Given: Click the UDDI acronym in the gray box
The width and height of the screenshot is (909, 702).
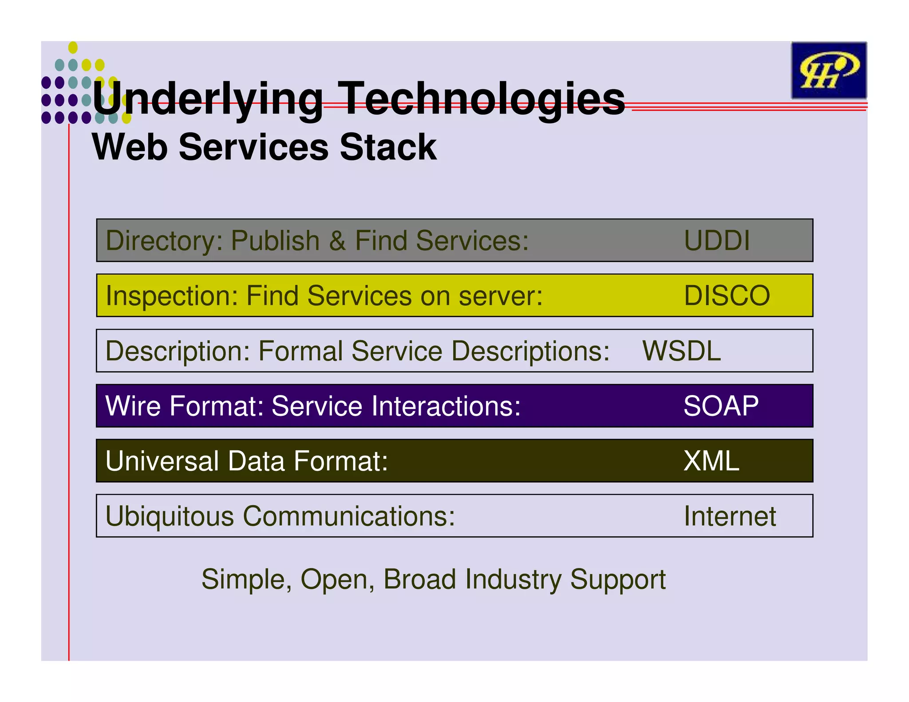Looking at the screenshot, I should tap(716, 241).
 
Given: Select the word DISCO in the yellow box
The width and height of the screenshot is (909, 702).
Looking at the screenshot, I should tap(727, 296).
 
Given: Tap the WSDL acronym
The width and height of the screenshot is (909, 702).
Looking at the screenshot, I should tap(681, 351).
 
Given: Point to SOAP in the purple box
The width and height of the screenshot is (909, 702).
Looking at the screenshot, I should tap(721, 406).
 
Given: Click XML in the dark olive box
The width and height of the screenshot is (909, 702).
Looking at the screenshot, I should tap(711, 461).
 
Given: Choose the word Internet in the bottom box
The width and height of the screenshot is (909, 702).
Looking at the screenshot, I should tap(730, 516).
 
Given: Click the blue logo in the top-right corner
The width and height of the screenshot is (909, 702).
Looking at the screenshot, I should tap(828, 70).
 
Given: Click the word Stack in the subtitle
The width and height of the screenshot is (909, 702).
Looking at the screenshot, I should tap(388, 147).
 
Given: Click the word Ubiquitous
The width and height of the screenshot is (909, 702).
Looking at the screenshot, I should tap(169, 516).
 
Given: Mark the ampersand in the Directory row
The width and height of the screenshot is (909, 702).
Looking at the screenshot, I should tap(337, 241).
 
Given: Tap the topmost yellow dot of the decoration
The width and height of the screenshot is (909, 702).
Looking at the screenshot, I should tap(73, 47).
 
